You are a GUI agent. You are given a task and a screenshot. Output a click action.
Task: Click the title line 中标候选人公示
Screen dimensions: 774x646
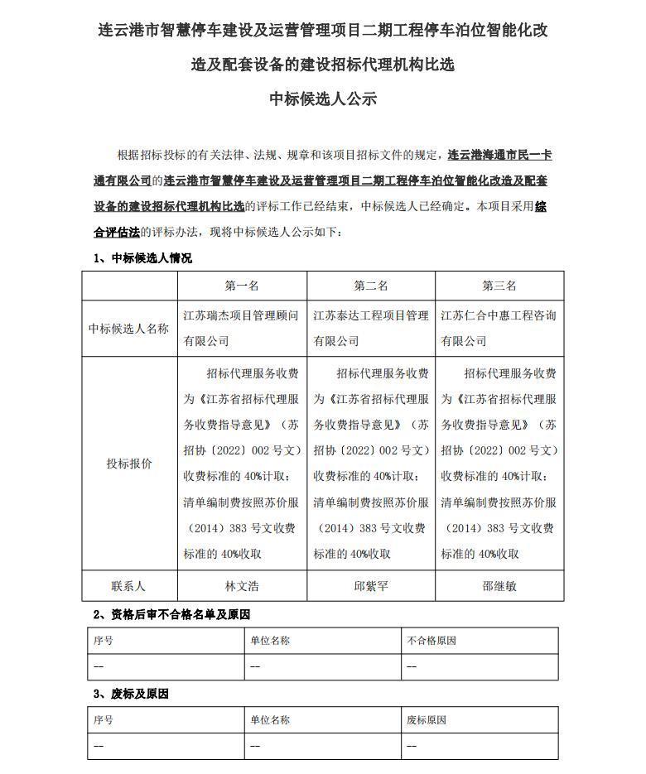click(x=323, y=99)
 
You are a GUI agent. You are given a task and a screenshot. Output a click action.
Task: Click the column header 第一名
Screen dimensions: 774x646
click(x=242, y=286)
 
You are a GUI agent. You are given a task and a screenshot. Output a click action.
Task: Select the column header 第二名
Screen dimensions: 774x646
click(x=371, y=286)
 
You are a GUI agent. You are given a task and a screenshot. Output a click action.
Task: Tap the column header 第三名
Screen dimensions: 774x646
click(x=499, y=286)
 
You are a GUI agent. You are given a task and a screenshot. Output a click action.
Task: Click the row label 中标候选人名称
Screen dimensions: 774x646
click(x=129, y=328)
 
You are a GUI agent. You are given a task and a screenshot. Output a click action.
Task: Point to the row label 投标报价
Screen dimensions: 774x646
click(x=129, y=464)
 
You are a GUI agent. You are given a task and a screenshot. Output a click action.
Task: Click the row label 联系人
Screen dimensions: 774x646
click(x=129, y=585)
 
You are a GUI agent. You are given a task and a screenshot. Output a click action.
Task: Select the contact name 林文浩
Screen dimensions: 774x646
click(x=242, y=585)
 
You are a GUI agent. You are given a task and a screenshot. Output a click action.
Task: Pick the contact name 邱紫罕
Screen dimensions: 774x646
click(x=371, y=585)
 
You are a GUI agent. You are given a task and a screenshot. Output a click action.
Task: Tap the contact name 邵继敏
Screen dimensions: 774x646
click(x=499, y=585)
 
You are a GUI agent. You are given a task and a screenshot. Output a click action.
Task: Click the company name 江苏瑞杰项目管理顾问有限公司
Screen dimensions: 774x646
click(x=242, y=328)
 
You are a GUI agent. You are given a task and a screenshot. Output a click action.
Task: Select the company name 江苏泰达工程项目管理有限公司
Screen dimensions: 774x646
click(x=371, y=328)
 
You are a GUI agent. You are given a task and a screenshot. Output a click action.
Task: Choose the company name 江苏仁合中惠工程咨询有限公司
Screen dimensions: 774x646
click(x=499, y=328)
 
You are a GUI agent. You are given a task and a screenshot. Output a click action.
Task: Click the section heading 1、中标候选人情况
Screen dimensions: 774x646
click(x=142, y=258)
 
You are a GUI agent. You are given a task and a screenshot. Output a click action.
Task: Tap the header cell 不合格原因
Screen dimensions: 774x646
click(x=431, y=641)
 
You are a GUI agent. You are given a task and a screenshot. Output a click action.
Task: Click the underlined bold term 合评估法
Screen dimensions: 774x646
click(x=116, y=233)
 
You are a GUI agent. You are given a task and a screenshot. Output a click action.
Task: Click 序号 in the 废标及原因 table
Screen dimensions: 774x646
click(x=104, y=720)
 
